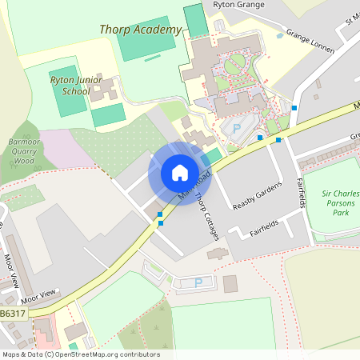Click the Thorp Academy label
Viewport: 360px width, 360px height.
coord(141,30)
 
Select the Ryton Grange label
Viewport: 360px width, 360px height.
coord(238,5)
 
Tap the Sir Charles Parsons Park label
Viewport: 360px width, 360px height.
coord(341,203)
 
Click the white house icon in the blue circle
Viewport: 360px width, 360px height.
coord(180,173)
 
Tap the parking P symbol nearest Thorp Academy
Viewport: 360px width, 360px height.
coord(236,128)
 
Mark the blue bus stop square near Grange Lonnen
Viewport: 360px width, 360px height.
coord(295,108)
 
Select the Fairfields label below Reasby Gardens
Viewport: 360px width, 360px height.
coord(264,230)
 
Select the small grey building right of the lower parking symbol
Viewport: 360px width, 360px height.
coord(230,283)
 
